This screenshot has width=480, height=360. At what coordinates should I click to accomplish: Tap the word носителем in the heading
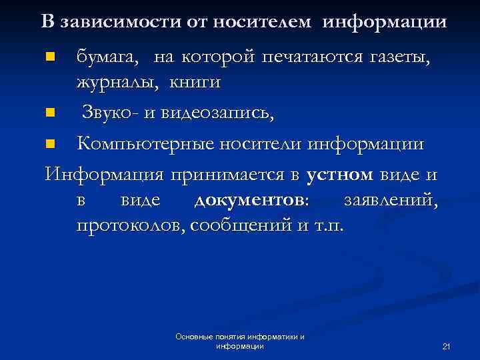pos(262,21)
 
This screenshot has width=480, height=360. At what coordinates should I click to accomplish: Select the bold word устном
pos(340,175)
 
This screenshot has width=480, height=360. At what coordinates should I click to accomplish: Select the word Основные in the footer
pos(193,337)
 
